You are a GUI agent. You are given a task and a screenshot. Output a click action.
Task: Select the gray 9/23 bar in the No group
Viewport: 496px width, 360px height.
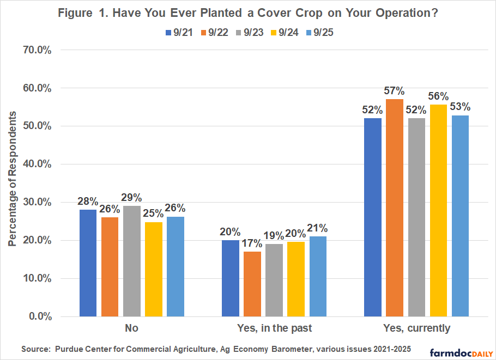pos(132,261)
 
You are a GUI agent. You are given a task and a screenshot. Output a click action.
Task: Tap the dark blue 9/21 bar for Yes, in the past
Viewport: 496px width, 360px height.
pos(231,278)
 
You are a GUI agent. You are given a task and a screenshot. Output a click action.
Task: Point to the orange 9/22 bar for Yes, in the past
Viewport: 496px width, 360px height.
pos(252,284)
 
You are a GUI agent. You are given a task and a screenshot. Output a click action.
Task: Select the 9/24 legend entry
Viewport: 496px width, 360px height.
pos(282,32)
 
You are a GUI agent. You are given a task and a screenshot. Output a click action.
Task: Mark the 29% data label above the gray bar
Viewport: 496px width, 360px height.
pos(132,198)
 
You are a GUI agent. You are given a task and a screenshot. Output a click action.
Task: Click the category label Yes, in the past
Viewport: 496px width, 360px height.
pos(274,328)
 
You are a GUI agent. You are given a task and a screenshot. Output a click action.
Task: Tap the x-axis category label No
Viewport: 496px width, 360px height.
pos(132,328)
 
